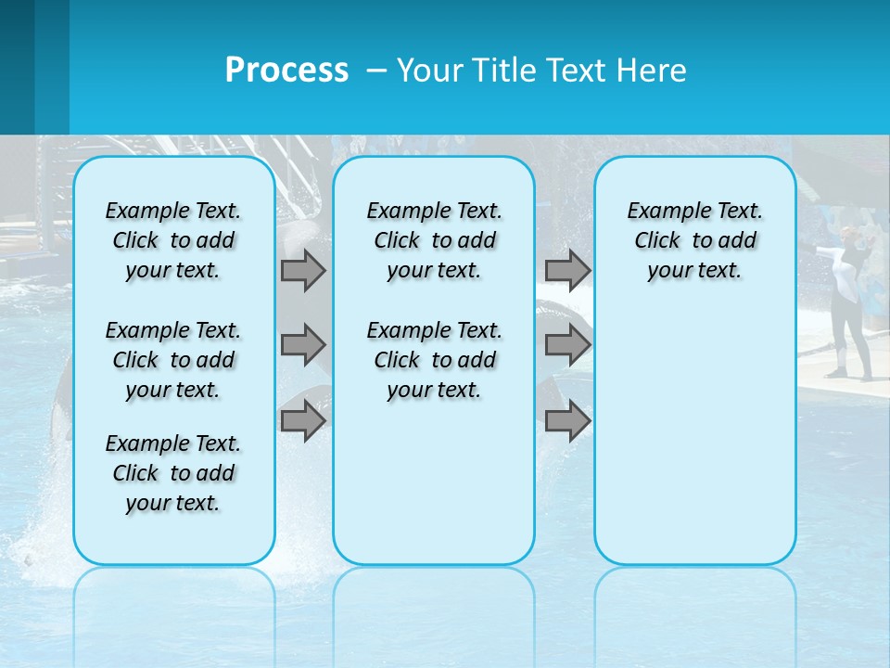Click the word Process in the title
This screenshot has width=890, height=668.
(x=286, y=71)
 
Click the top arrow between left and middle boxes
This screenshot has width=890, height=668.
(x=303, y=271)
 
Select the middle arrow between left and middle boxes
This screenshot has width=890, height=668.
(x=303, y=345)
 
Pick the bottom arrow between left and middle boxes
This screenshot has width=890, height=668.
(x=303, y=421)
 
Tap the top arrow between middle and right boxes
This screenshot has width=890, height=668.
(x=567, y=271)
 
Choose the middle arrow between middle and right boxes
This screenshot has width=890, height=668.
(x=567, y=345)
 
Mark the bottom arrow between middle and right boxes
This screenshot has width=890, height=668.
(x=567, y=421)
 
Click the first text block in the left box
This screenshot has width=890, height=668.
(x=173, y=240)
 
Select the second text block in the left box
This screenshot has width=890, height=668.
(x=173, y=360)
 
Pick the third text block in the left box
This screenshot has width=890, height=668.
(x=173, y=473)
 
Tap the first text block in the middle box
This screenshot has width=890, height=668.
(x=434, y=240)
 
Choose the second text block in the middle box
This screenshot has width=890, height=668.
(x=434, y=360)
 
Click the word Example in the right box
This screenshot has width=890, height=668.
(x=662, y=212)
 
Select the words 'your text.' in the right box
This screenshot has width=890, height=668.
(x=694, y=271)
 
